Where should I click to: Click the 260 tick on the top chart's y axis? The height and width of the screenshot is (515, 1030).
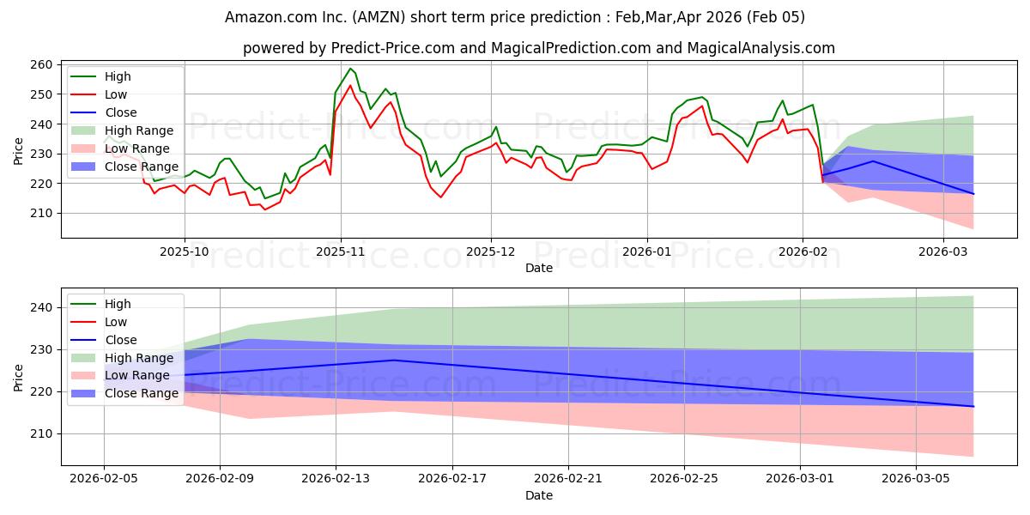(40, 64)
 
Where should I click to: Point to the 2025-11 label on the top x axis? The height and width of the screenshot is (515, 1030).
(341, 252)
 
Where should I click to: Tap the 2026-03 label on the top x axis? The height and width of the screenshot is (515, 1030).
(942, 252)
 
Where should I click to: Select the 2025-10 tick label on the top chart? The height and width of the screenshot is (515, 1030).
(184, 252)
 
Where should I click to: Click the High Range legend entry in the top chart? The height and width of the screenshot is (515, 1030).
(138, 130)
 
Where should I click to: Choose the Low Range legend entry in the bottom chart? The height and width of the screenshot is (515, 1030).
(136, 375)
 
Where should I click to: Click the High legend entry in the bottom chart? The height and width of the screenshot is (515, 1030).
(118, 304)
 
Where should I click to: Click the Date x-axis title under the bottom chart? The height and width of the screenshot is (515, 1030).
(538, 495)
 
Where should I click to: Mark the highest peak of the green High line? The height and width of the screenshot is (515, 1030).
(350, 69)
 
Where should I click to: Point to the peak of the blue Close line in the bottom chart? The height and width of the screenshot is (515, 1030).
(394, 360)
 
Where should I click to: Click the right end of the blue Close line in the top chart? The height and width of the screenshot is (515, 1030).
(973, 194)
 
